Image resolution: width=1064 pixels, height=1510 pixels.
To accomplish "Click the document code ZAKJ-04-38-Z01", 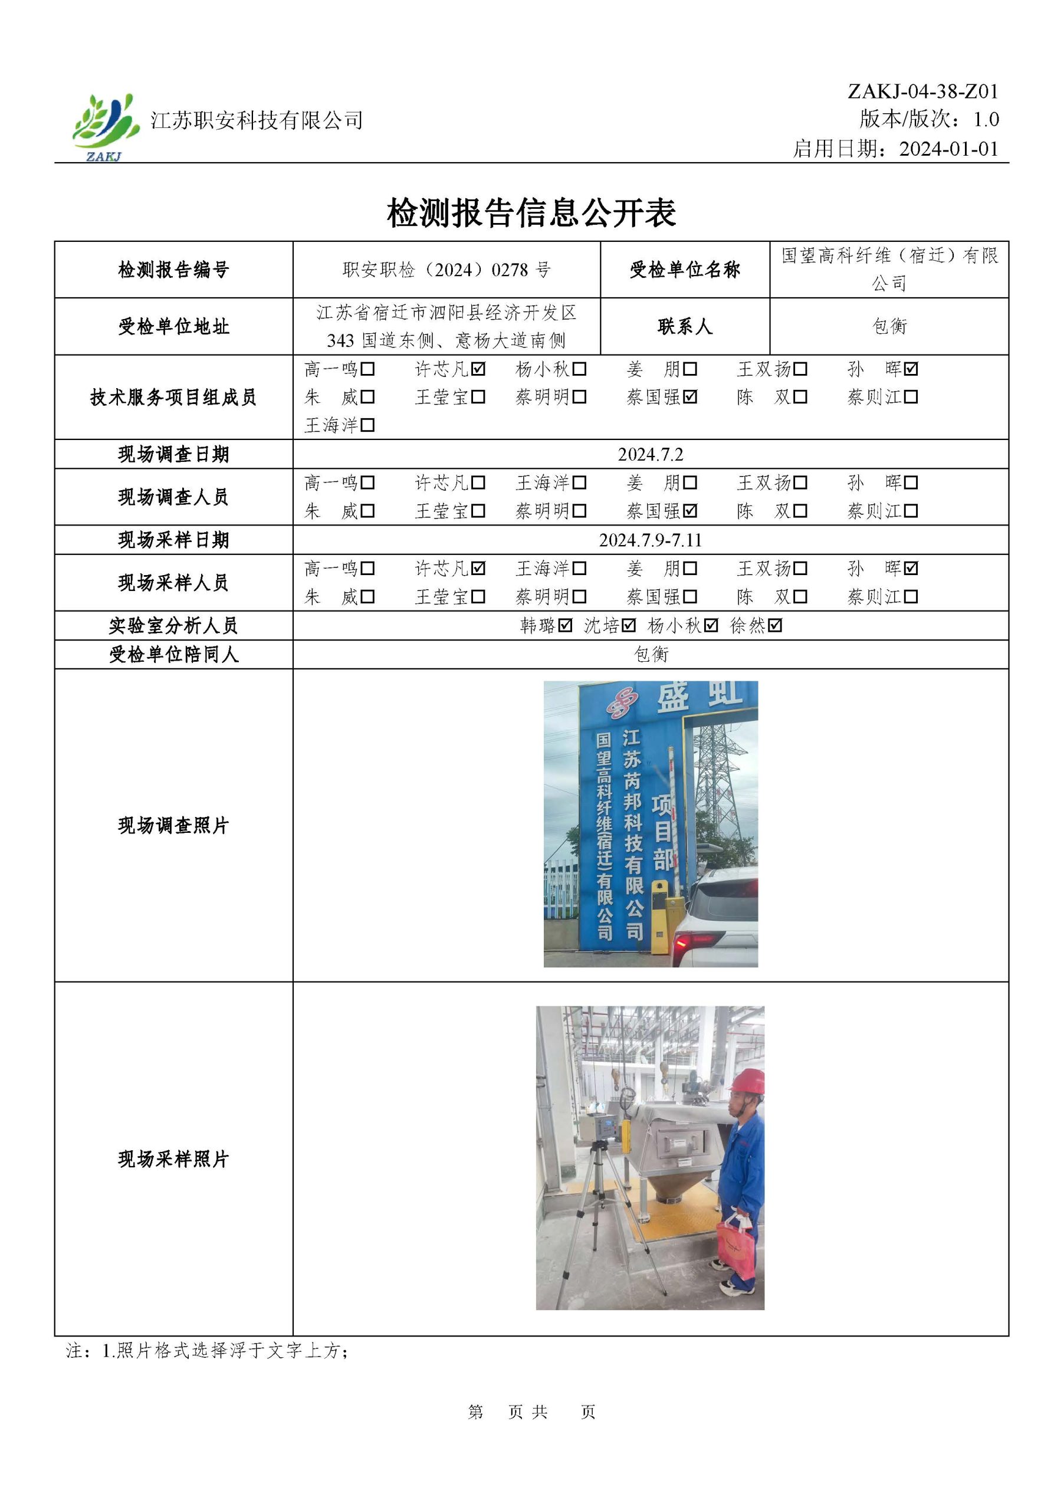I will coord(922,91).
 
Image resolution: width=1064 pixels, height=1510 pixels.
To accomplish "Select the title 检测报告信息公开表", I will coord(531,212).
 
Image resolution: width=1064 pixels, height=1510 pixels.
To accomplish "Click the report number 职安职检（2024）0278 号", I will coord(446,270).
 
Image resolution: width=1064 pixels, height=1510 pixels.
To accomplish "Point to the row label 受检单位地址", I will coord(173,326).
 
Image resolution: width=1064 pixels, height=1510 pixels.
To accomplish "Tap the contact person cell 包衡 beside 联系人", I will coord(889,326).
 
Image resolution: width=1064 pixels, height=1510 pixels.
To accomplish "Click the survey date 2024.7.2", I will coord(650,454).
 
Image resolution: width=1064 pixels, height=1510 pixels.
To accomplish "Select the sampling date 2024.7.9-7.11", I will coord(650,540).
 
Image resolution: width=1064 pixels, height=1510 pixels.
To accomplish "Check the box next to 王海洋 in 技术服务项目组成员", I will coord(367,425).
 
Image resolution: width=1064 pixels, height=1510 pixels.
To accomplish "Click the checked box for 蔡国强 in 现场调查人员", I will coord(690,511).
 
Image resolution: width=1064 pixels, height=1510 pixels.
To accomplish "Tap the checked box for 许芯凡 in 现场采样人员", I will coord(478,568).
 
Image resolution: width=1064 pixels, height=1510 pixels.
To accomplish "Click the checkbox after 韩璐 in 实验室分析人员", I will coord(565,625).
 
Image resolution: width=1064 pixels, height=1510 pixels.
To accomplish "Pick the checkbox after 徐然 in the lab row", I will coord(774,625).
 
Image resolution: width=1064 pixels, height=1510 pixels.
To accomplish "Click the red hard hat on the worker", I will coord(748,1082).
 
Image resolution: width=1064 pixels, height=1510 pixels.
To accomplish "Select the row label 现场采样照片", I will coord(173,1159).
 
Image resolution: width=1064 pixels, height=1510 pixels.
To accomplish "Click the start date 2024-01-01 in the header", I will coord(948,149).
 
